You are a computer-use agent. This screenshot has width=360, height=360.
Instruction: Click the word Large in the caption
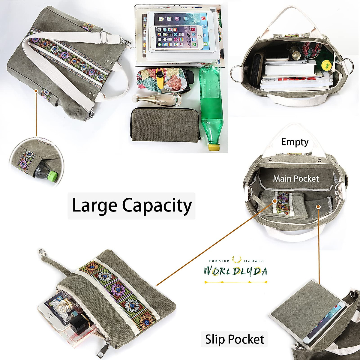pyautogui.click(x=94, y=206)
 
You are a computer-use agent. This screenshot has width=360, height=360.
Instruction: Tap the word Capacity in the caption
pyautogui.click(x=157, y=206)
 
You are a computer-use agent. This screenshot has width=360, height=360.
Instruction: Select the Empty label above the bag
pyautogui.click(x=295, y=142)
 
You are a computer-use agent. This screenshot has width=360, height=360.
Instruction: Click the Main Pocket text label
pyautogui.click(x=296, y=179)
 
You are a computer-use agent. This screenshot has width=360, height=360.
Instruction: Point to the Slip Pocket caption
pyautogui.click(x=235, y=339)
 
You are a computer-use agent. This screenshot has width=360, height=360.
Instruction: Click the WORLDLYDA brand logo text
pyautogui.click(x=235, y=271)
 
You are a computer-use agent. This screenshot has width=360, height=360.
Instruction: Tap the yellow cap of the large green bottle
pyautogui.click(x=213, y=147)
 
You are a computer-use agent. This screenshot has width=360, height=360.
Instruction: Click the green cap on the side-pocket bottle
pyautogui.click(x=53, y=176)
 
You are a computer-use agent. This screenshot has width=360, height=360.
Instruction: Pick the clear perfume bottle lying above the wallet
pyautogui.click(x=157, y=99)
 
